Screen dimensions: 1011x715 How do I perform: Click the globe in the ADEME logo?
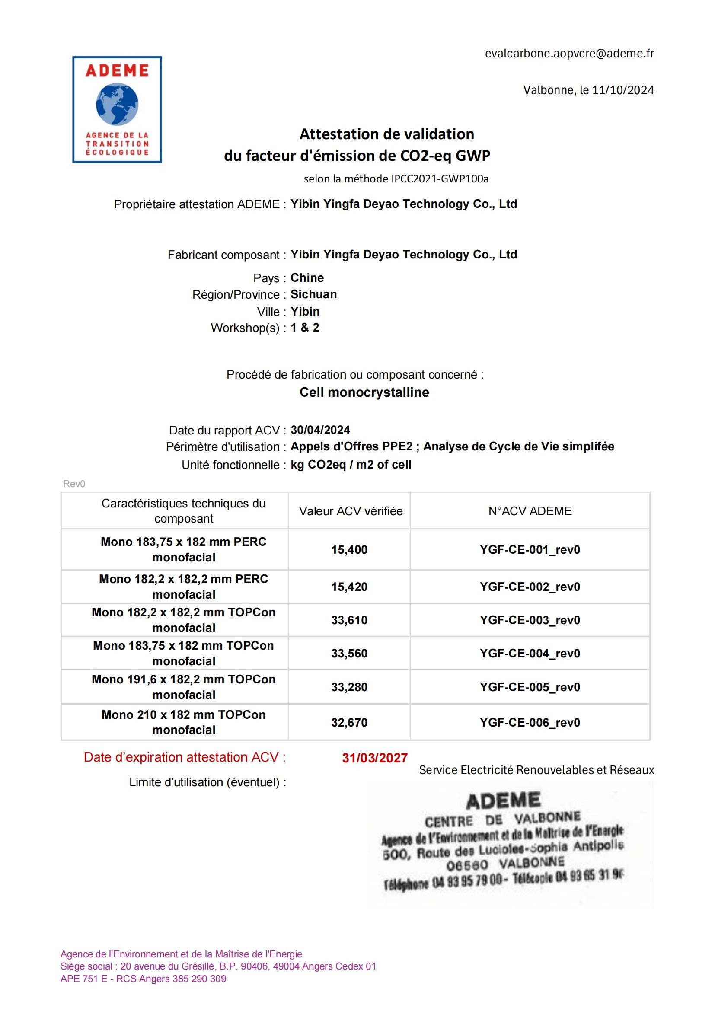coord(117,104)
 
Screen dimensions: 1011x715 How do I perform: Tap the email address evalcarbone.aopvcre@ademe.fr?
coord(569,54)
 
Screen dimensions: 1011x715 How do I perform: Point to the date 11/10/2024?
coord(622,90)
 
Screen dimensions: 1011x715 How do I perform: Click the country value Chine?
coord(307,278)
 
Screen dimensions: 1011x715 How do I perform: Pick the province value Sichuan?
coord(313,294)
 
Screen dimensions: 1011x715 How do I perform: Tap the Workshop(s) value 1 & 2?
coord(305,328)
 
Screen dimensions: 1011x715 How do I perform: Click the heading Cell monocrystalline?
coord(364,392)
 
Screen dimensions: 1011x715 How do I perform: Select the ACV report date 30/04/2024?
coord(320,430)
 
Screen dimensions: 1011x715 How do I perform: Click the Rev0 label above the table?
coord(74,484)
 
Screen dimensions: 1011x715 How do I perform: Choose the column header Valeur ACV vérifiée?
coord(351,511)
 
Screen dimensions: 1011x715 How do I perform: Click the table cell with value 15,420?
coord(349,587)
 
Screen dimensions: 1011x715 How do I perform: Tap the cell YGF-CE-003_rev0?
coord(530,620)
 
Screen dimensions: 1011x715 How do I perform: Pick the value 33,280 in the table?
coord(349,687)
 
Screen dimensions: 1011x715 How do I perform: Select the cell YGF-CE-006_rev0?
coord(530,723)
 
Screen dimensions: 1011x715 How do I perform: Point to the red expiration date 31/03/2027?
coord(375,758)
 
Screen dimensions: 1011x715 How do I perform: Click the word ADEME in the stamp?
coord(503,801)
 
